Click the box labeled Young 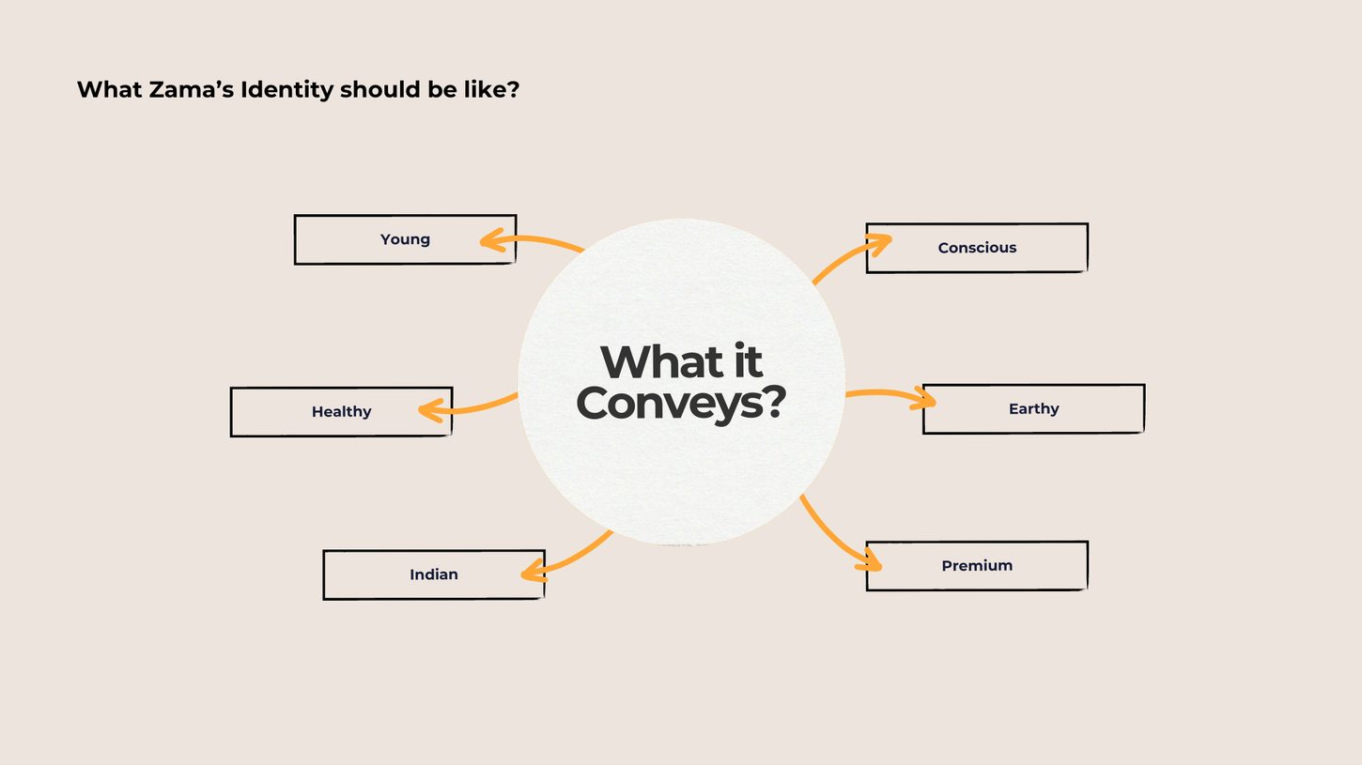pos(405,239)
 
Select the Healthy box pos(341,412)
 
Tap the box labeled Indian pos(433,574)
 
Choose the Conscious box pos(977,248)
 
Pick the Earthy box pos(1033,409)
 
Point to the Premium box pos(977,566)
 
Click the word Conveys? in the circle pos(681,403)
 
